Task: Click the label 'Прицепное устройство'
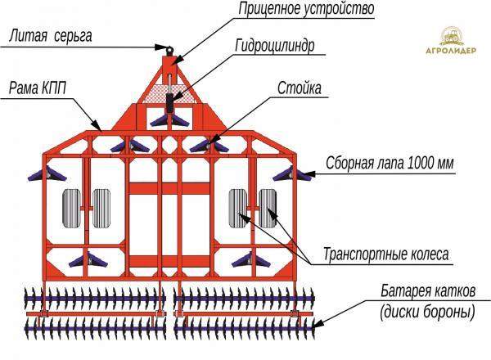pos(295,10)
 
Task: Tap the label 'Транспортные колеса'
pos(385,254)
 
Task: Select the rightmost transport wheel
pos(269,207)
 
